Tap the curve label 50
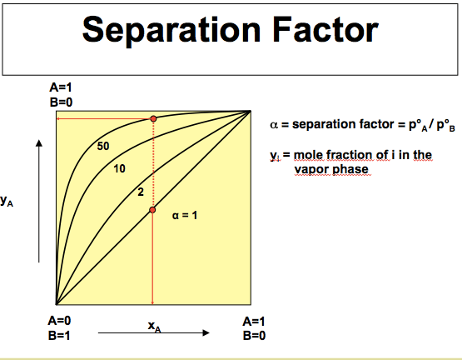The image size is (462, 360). click(103, 147)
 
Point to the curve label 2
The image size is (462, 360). click(140, 193)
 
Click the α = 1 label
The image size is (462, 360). click(184, 216)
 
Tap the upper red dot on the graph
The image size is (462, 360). click(152, 119)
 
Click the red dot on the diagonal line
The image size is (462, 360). click(152, 209)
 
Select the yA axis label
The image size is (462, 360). click(7, 200)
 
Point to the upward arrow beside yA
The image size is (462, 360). click(38, 200)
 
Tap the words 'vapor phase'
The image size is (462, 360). click(330, 168)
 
